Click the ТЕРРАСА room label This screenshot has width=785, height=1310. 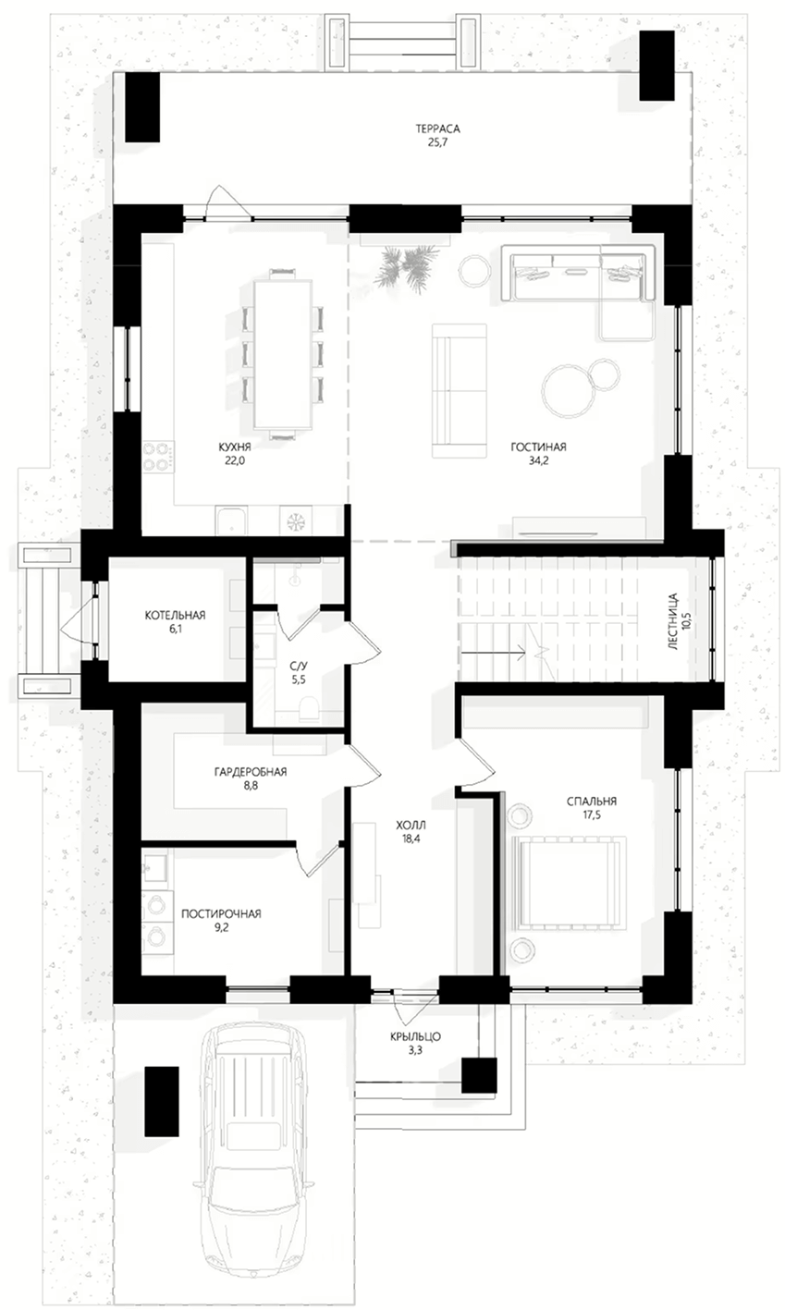[438, 129]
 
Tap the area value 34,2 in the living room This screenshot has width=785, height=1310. [538, 460]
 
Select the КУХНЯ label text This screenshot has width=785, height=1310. [235, 447]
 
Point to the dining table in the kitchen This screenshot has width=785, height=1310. [283, 353]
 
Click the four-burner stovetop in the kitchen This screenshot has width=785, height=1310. [158, 457]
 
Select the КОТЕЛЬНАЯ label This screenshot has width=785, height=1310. [175, 615]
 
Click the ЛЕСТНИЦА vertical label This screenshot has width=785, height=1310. [673, 622]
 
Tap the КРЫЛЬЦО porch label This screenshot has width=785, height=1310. [416, 1037]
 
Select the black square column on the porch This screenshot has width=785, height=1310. [479, 1075]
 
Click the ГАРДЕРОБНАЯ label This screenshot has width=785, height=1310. [251, 772]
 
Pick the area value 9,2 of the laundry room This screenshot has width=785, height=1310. [221, 926]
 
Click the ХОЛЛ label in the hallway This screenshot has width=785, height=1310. [411, 826]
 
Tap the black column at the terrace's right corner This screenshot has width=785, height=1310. [656, 66]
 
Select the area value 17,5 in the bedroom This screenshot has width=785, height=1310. [592, 815]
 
